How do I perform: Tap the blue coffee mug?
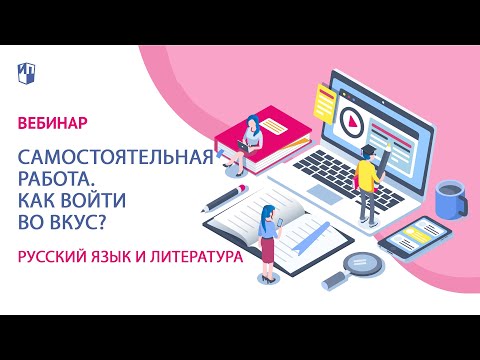tap(450, 197)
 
